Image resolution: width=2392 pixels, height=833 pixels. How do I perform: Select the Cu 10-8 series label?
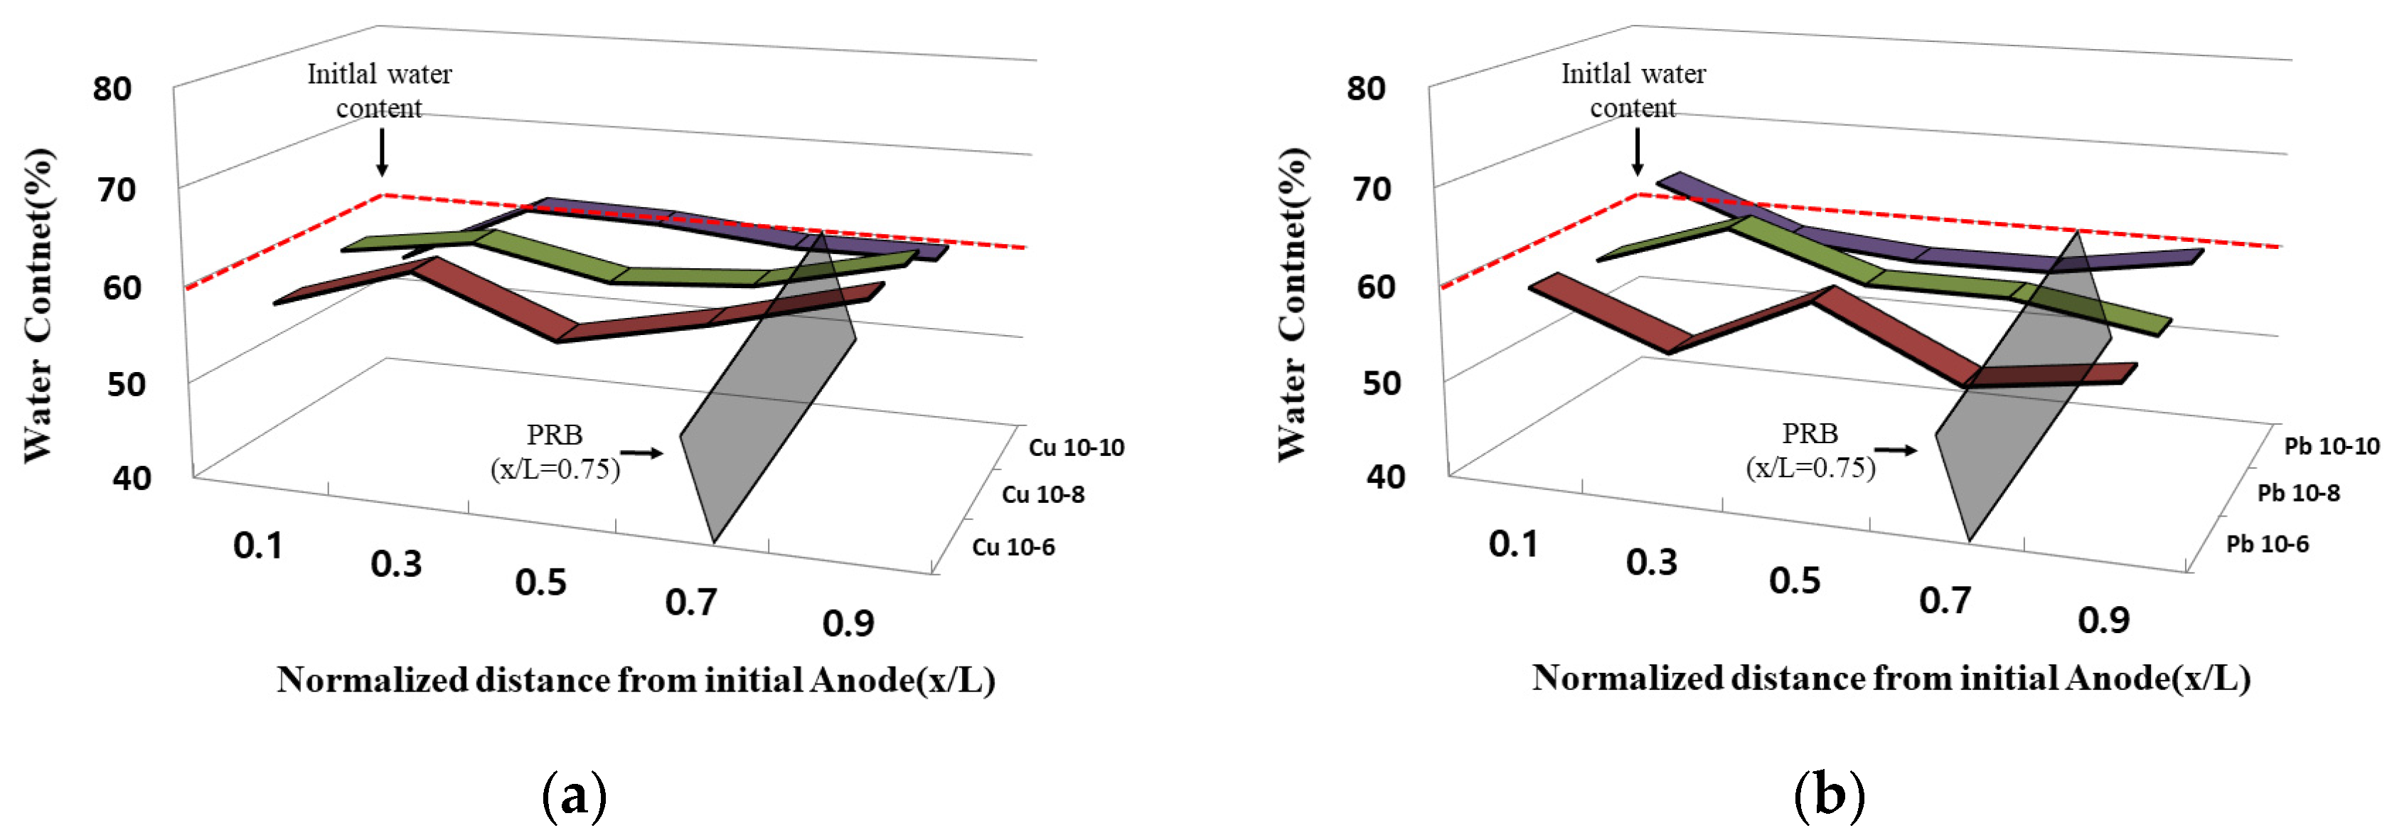(1043, 494)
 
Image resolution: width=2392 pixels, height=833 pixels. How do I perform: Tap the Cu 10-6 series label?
(1013, 547)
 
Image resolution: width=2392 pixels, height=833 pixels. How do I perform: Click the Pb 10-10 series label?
(2331, 447)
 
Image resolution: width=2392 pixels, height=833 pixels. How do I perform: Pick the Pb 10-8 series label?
(2298, 493)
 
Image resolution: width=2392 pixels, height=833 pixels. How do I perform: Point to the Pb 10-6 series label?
(2267, 544)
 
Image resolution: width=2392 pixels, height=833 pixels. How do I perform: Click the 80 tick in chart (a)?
(112, 89)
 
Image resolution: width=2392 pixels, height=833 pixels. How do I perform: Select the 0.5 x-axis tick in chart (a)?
(540, 583)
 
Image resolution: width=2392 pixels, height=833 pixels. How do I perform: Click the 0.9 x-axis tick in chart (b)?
(2103, 620)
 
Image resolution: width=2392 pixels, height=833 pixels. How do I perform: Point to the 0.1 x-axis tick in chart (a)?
(257, 546)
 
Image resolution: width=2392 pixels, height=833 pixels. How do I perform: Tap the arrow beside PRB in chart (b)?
(1895, 450)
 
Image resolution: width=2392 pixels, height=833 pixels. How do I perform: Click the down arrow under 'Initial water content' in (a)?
(382, 153)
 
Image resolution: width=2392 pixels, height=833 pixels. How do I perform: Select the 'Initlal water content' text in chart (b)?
(1633, 90)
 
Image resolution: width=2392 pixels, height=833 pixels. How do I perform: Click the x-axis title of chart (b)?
(1891, 678)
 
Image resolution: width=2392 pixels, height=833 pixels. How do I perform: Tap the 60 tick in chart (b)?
(1376, 287)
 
